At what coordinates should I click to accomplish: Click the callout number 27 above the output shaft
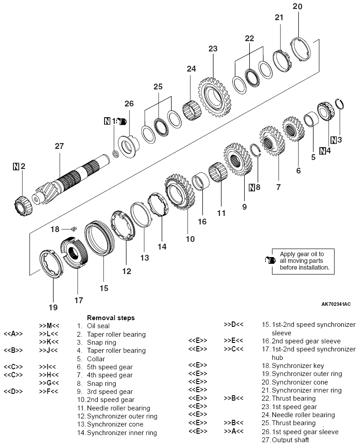point(60,146)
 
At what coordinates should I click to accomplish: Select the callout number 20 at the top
point(297,6)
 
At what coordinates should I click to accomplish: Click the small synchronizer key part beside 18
point(75,228)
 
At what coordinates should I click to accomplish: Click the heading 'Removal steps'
point(111,317)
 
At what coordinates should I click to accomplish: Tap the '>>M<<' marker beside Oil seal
point(49,326)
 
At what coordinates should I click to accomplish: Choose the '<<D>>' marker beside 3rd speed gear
point(13,392)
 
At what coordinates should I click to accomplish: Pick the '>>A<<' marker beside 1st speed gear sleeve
point(234,431)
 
